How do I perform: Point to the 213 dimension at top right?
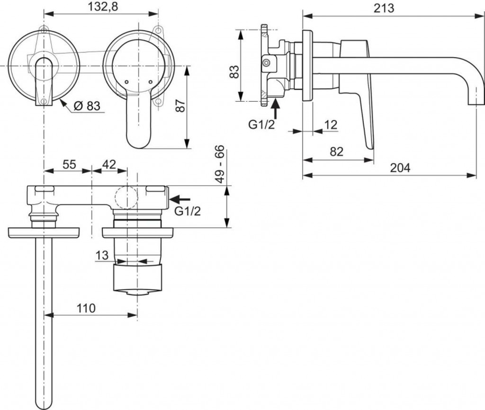(385, 8)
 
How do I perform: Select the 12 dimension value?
(331, 125)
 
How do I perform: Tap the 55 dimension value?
(69, 164)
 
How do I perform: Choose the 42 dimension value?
(109, 164)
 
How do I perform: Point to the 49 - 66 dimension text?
(219, 165)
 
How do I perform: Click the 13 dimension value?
(102, 255)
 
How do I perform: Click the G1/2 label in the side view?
(261, 125)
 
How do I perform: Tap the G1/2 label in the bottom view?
(188, 211)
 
